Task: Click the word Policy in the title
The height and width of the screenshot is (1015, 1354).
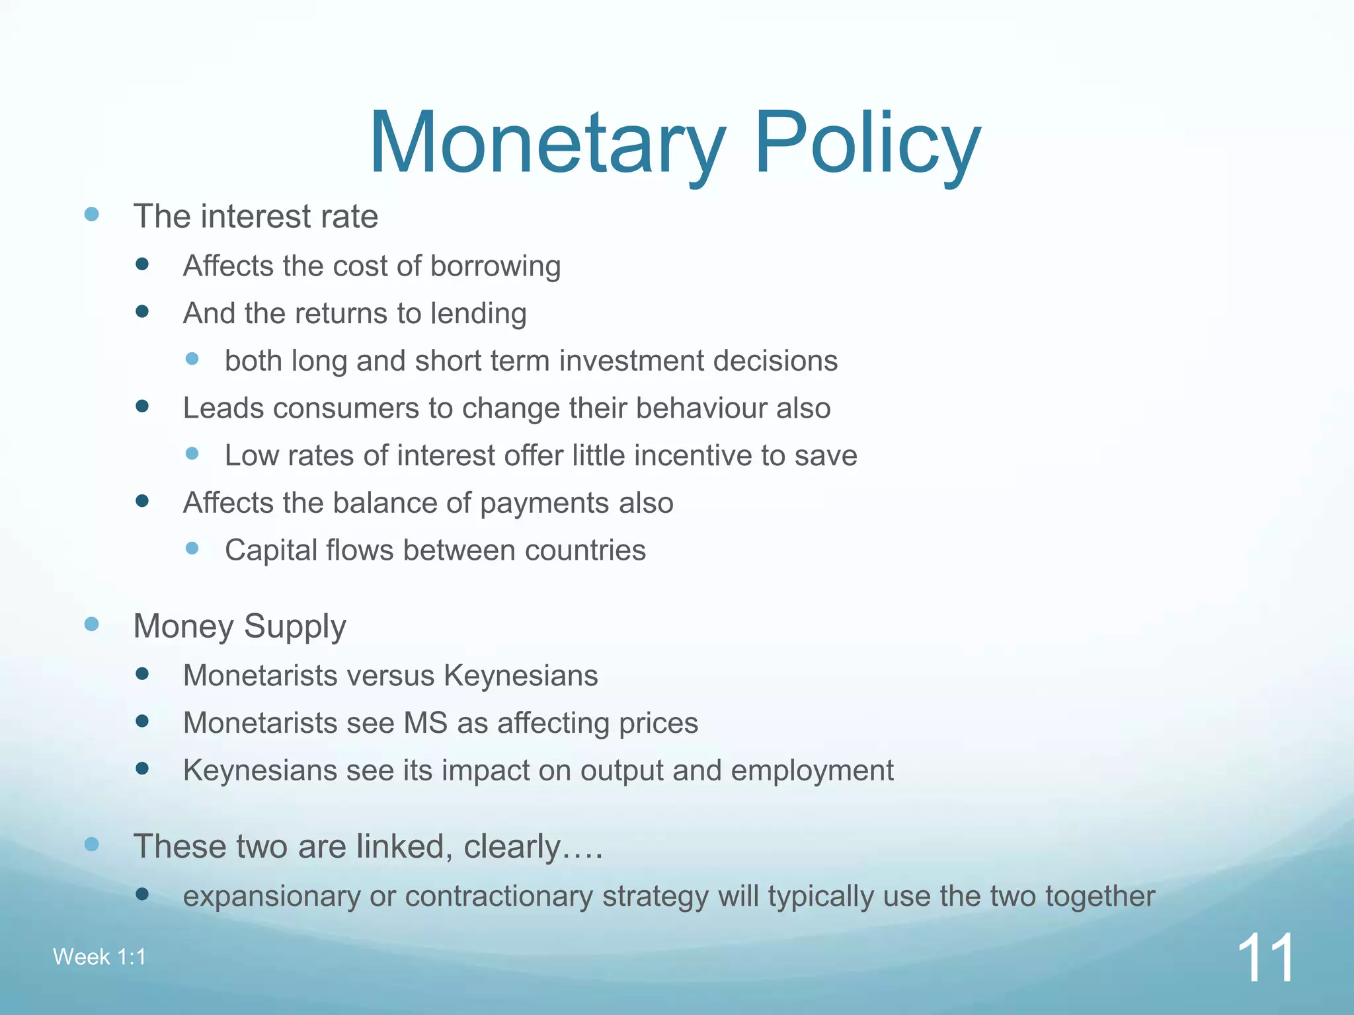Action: coord(867,143)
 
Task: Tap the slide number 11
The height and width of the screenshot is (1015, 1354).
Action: coord(1265,959)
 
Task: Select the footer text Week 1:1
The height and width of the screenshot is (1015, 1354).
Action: coord(99,957)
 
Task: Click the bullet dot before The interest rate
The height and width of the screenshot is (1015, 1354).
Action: coord(92,214)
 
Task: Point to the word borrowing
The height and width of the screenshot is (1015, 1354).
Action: coord(495,266)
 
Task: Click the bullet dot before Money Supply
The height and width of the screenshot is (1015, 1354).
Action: coord(92,624)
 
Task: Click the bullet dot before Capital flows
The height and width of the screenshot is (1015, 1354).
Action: coord(192,548)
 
